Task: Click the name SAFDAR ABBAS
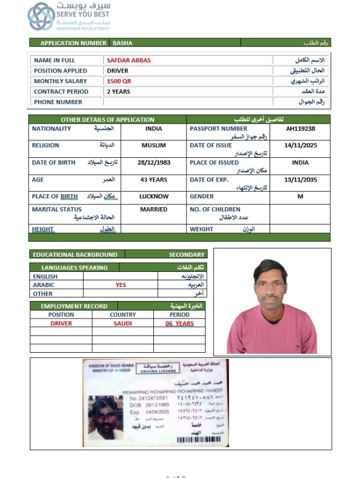(x=129, y=60)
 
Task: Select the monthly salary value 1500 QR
(x=119, y=81)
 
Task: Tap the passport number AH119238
(x=300, y=129)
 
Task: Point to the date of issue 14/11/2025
(x=300, y=145)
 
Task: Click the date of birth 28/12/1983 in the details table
(x=154, y=162)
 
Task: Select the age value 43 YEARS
(x=154, y=180)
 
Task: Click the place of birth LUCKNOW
(x=154, y=197)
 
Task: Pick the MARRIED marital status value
(x=154, y=209)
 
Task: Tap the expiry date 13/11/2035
(x=300, y=180)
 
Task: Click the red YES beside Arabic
(x=121, y=285)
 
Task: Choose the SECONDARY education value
(x=186, y=254)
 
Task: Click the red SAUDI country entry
(x=122, y=324)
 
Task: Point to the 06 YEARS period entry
(x=179, y=324)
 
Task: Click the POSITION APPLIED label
(x=61, y=71)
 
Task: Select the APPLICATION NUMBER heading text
(x=73, y=43)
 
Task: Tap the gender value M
(x=300, y=197)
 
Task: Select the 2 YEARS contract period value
(x=119, y=92)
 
